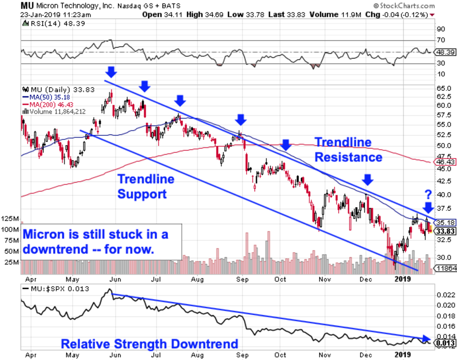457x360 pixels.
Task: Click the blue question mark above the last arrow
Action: tap(428, 195)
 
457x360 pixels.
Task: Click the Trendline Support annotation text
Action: tap(145, 186)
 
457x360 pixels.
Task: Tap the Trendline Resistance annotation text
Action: tap(348, 150)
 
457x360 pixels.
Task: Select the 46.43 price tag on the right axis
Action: tap(444, 162)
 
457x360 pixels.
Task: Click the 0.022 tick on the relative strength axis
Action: tap(445, 295)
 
